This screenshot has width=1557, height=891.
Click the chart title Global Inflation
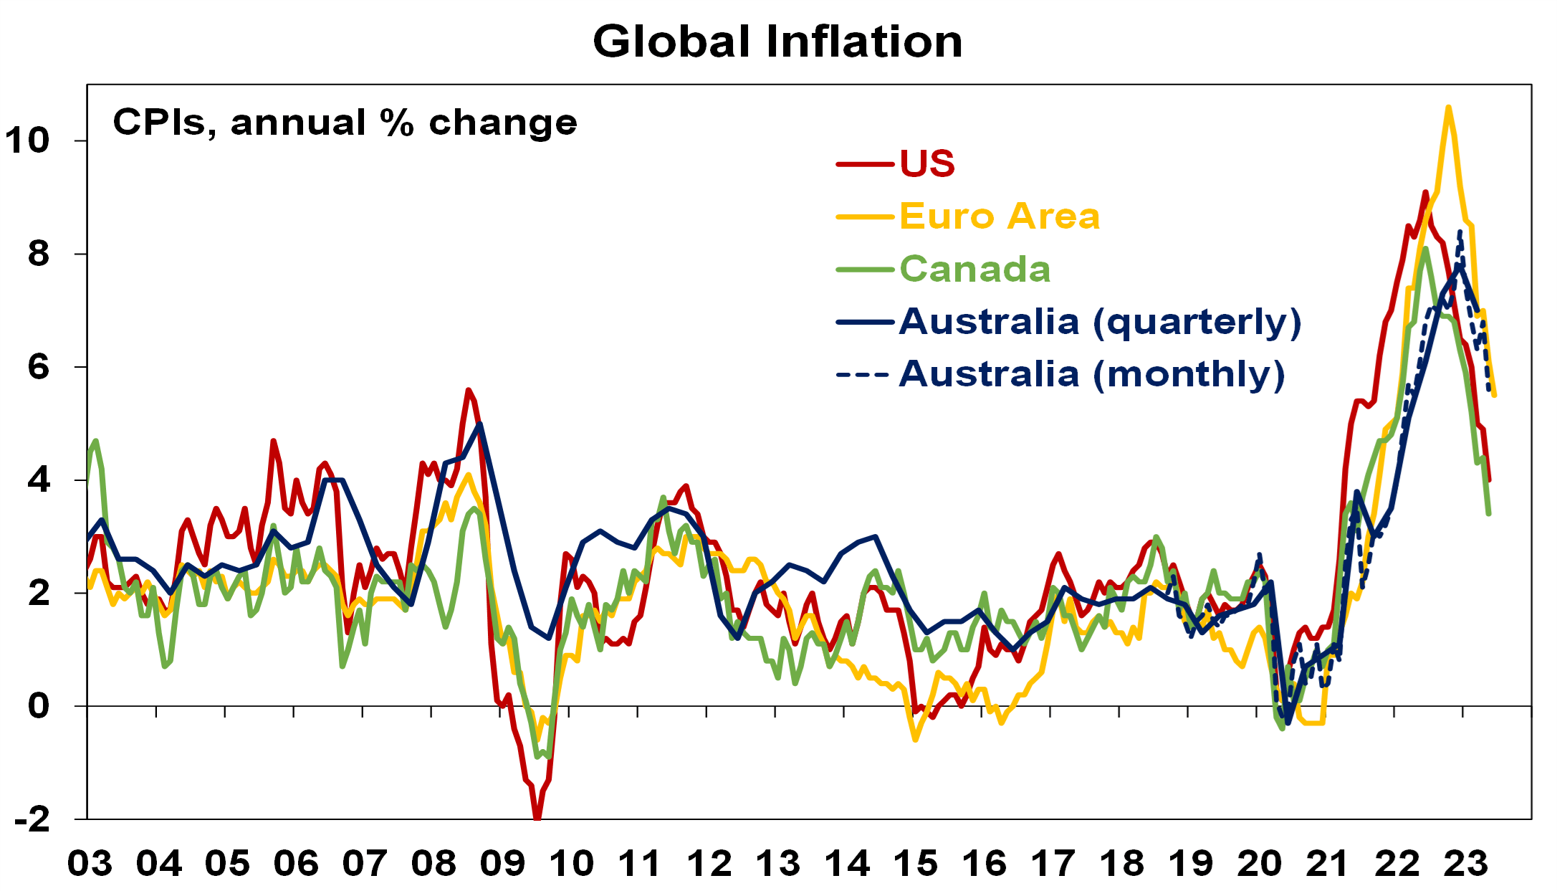click(x=777, y=42)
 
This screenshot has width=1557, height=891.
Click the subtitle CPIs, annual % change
click(x=345, y=123)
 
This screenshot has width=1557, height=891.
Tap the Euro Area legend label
click(x=999, y=216)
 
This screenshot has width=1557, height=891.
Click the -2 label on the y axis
click(x=32, y=819)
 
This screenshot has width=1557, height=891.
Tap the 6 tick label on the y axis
click(x=39, y=367)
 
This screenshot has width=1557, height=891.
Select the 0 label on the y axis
click(x=39, y=706)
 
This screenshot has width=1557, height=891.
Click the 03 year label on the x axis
click(x=90, y=864)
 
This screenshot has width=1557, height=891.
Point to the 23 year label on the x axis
click(x=1465, y=864)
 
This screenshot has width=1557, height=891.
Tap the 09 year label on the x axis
click(x=502, y=864)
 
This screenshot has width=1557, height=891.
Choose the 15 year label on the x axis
click(x=915, y=864)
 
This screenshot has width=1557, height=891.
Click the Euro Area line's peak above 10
click(x=1448, y=108)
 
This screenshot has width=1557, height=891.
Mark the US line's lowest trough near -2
click(x=537, y=816)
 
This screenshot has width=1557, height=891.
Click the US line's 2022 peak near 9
click(x=1425, y=192)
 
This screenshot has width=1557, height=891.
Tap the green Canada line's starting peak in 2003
click(x=95, y=441)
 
